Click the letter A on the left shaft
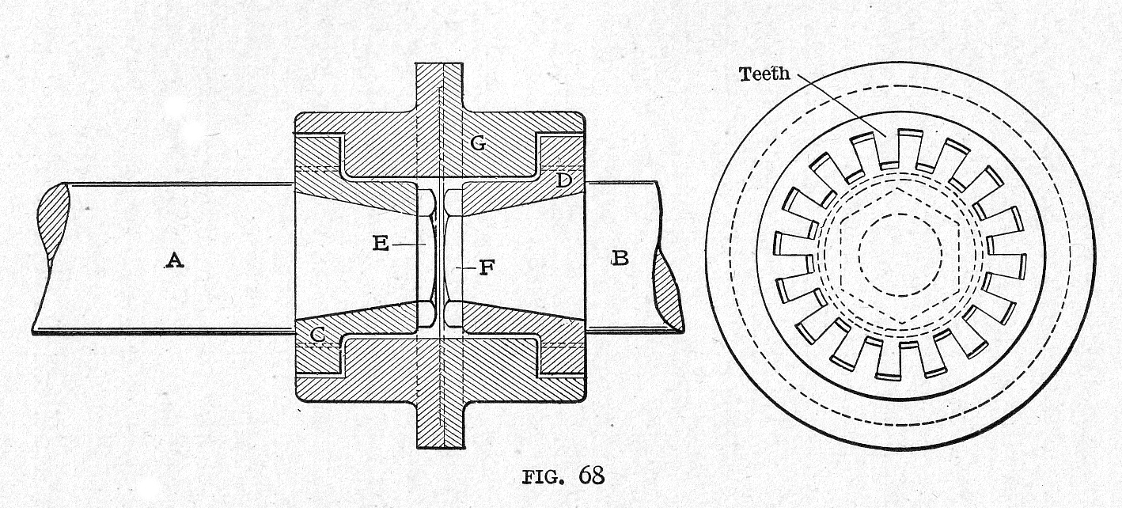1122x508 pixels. click(x=174, y=259)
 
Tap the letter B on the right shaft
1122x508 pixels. click(x=620, y=258)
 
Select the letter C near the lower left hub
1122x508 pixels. click(x=316, y=335)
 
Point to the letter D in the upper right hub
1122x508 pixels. click(x=563, y=180)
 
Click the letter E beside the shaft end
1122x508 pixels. click(x=381, y=244)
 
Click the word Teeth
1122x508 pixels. click(x=764, y=74)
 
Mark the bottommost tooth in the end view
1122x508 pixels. click(x=900, y=360)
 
